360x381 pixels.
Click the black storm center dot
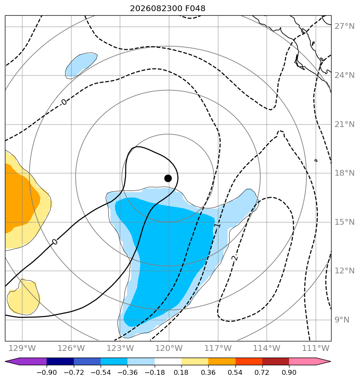click(168, 179)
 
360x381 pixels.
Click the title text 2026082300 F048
click(168, 9)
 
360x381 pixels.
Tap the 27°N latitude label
click(344, 26)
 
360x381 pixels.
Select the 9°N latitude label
click(342, 320)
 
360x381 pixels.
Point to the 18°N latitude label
click(344, 173)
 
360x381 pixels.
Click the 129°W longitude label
click(22, 348)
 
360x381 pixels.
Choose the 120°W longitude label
click(169, 348)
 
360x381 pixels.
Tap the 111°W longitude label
click(315, 348)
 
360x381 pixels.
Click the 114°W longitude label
click(267, 348)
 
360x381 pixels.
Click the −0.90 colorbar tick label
click(47, 372)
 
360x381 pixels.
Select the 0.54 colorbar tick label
click(235, 372)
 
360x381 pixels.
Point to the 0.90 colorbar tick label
click(289, 372)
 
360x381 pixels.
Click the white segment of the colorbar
click(168, 361)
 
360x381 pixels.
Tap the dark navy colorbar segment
click(60, 361)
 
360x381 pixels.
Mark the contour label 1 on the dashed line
click(218, 226)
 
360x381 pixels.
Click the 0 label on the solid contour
click(55, 242)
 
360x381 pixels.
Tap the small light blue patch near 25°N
click(81, 65)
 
